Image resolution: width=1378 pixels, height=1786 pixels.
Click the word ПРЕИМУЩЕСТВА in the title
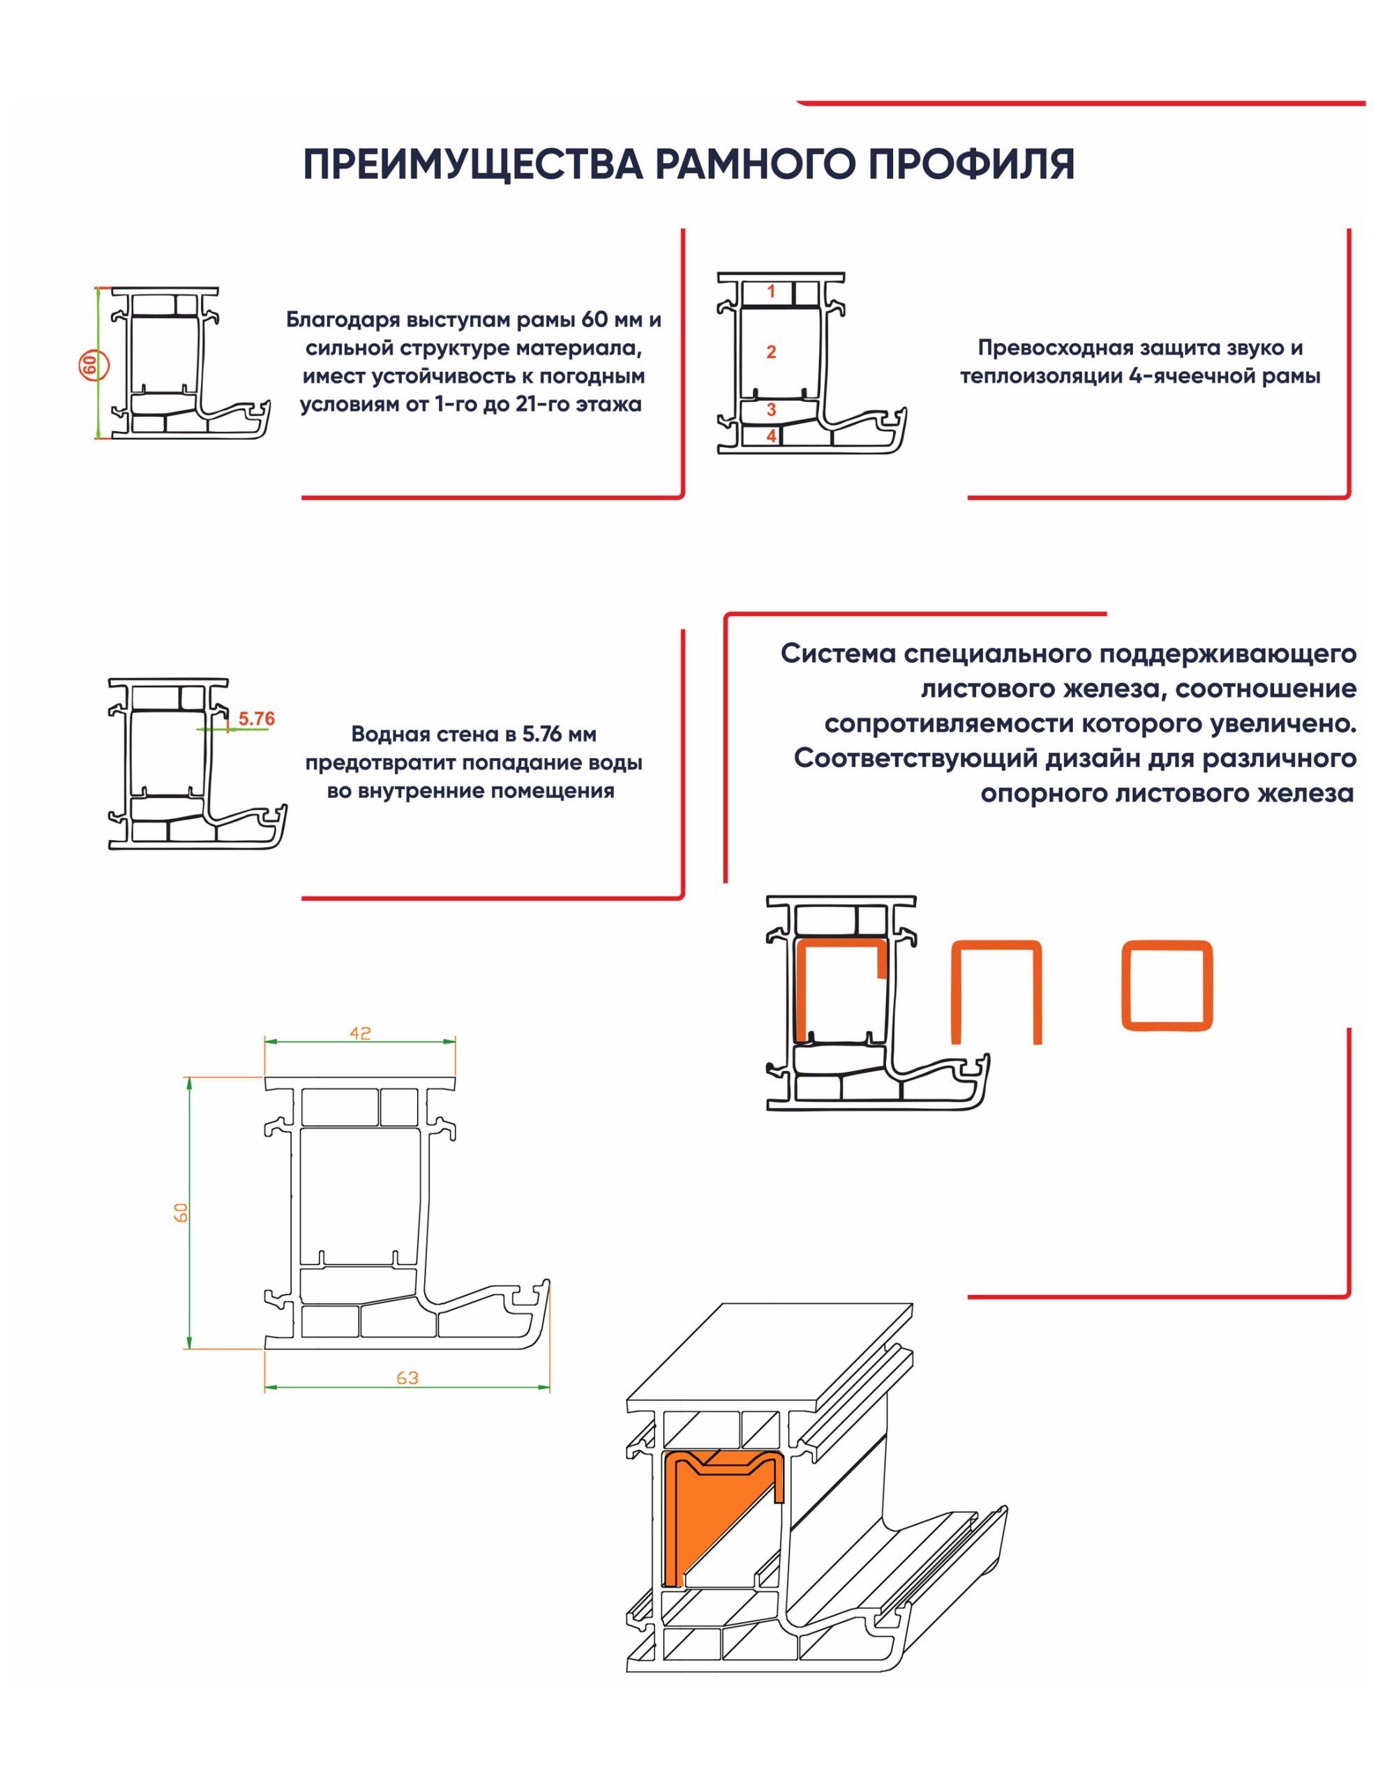click(x=472, y=165)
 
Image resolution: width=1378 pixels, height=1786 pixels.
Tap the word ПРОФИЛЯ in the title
click(x=970, y=165)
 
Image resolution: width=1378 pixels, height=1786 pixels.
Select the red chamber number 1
click(x=770, y=291)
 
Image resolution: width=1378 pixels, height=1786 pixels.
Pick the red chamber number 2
click(x=770, y=352)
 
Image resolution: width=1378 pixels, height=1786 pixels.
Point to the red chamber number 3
click(x=770, y=410)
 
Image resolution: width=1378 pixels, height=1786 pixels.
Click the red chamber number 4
click(x=770, y=436)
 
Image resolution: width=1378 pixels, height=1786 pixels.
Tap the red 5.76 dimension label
click(x=256, y=719)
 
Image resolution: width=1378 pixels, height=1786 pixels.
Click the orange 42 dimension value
click(x=360, y=1034)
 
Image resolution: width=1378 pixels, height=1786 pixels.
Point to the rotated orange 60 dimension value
click(x=181, y=1213)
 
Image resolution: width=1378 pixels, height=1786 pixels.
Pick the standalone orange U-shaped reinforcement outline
click(x=997, y=992)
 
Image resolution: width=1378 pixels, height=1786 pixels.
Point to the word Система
click(x=837, y=654)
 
